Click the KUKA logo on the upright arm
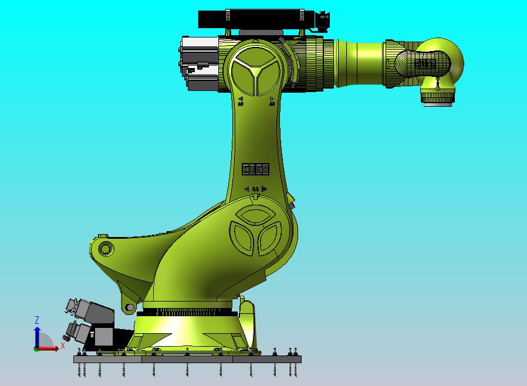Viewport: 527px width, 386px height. click(x=256, y=168)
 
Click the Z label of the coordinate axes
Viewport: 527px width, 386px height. click(x=37, y=320)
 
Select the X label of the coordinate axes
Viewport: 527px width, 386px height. click(x=62, y=346)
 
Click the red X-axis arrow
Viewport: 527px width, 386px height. click(x=50, y=348)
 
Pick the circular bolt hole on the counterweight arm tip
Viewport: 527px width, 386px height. click(x=105, y=248)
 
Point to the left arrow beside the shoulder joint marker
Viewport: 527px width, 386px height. click(x=246, y=189)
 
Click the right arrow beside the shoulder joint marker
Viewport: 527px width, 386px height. click(x=265, y=189)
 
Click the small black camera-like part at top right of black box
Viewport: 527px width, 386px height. click(x=323, y=22)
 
